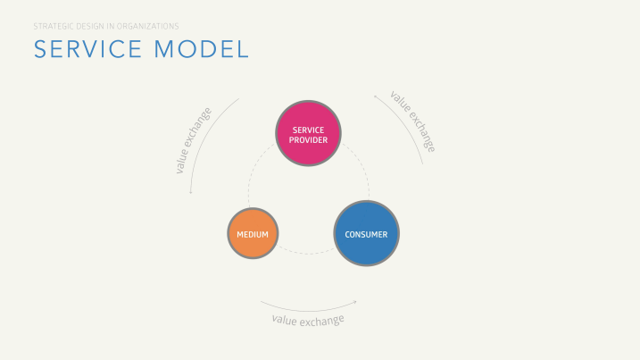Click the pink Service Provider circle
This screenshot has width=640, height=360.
pyautogui.click(x=308, y=133)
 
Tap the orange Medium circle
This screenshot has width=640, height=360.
pyautogui.click(x=254, y=233)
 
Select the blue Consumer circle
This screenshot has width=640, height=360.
pyautogui.click(x=367, y=233)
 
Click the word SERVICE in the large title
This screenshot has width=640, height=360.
pyautogui.click(x=87, y=49)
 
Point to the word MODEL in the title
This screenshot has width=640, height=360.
pyautogui.click(x=202, y=49)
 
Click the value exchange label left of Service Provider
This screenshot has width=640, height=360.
pyautogui.click(x=194, y=140)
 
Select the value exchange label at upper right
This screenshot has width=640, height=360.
pyautogui.click(x=413, y=121)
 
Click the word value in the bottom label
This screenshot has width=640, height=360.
pyautogui.click(x=285, y=320)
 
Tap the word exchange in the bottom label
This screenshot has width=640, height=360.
pyautogui.click(x=322, y=321)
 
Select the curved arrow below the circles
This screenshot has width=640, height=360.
pyautogui.click(x=309, y=311)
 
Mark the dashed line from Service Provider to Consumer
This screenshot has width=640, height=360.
pyautogui.click(x=362, y=165)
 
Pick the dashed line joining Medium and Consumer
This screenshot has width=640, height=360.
pyautogui.click(x=307, y=254)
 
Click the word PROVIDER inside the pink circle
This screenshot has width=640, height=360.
pyautogui.click(x=308, y=140)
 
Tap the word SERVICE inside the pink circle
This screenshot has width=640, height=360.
pyautogui.click(x=308, y=130)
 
